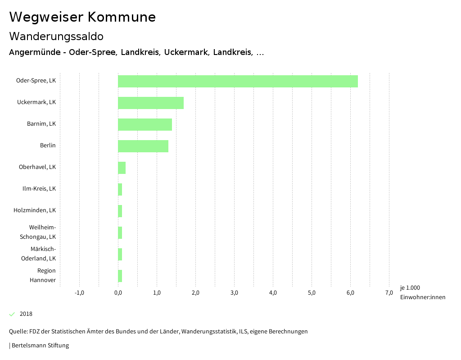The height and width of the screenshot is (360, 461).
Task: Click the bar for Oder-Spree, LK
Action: point(238,81)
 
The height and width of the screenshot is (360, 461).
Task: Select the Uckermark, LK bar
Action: point(151,103)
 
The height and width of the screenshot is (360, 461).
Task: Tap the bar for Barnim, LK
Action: point(145,124)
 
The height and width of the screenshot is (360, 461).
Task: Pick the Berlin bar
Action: point(143,146)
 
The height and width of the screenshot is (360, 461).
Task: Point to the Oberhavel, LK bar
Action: point(122,168)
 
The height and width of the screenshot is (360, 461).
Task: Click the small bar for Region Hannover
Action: point(120,276)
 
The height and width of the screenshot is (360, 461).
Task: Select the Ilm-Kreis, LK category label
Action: point(39,189)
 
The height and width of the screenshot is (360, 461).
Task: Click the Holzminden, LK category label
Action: point(35,210)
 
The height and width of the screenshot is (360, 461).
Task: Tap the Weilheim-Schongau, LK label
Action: point(38,232)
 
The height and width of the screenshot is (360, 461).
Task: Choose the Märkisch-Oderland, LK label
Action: point(39,254)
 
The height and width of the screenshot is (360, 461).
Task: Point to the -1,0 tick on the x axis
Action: point(79,293)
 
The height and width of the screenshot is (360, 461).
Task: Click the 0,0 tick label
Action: point(118,293)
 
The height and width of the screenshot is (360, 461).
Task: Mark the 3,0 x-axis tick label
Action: point(234,293)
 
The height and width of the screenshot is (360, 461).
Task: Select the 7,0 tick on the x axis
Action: point(389,293)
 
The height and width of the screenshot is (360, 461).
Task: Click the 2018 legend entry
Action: point(26,314)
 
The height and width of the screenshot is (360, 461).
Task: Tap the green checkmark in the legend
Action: point(12,314)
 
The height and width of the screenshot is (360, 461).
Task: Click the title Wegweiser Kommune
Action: point(82,17)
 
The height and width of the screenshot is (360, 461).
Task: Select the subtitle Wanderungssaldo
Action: point(56,36)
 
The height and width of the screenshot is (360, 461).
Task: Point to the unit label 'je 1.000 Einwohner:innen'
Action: point(422,292)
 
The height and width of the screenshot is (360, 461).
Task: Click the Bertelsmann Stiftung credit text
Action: point(40,346)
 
